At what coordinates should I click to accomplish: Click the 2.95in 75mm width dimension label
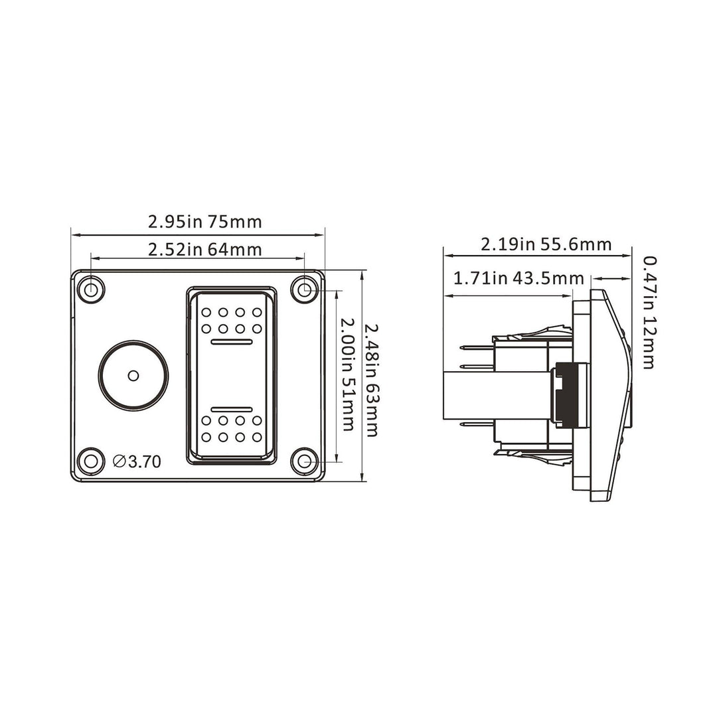pos(204,222)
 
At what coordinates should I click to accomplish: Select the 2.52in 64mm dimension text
pos(204,250)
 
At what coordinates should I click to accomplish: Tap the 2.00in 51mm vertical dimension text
pos(346,374)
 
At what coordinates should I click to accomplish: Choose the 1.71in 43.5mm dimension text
pos(518,278)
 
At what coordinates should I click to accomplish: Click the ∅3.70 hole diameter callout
pos(137,461)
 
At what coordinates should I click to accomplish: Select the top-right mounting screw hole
pos(305,289)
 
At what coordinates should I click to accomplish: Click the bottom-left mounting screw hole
pos(89,460)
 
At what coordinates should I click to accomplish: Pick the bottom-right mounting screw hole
pos(305,460)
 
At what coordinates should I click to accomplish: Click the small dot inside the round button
pos(133,376)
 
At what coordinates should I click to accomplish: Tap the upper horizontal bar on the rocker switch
pos(231,342)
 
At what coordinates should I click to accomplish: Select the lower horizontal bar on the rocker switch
pos(231,408)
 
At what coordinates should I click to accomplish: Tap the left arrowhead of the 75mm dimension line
pos(74,234)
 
